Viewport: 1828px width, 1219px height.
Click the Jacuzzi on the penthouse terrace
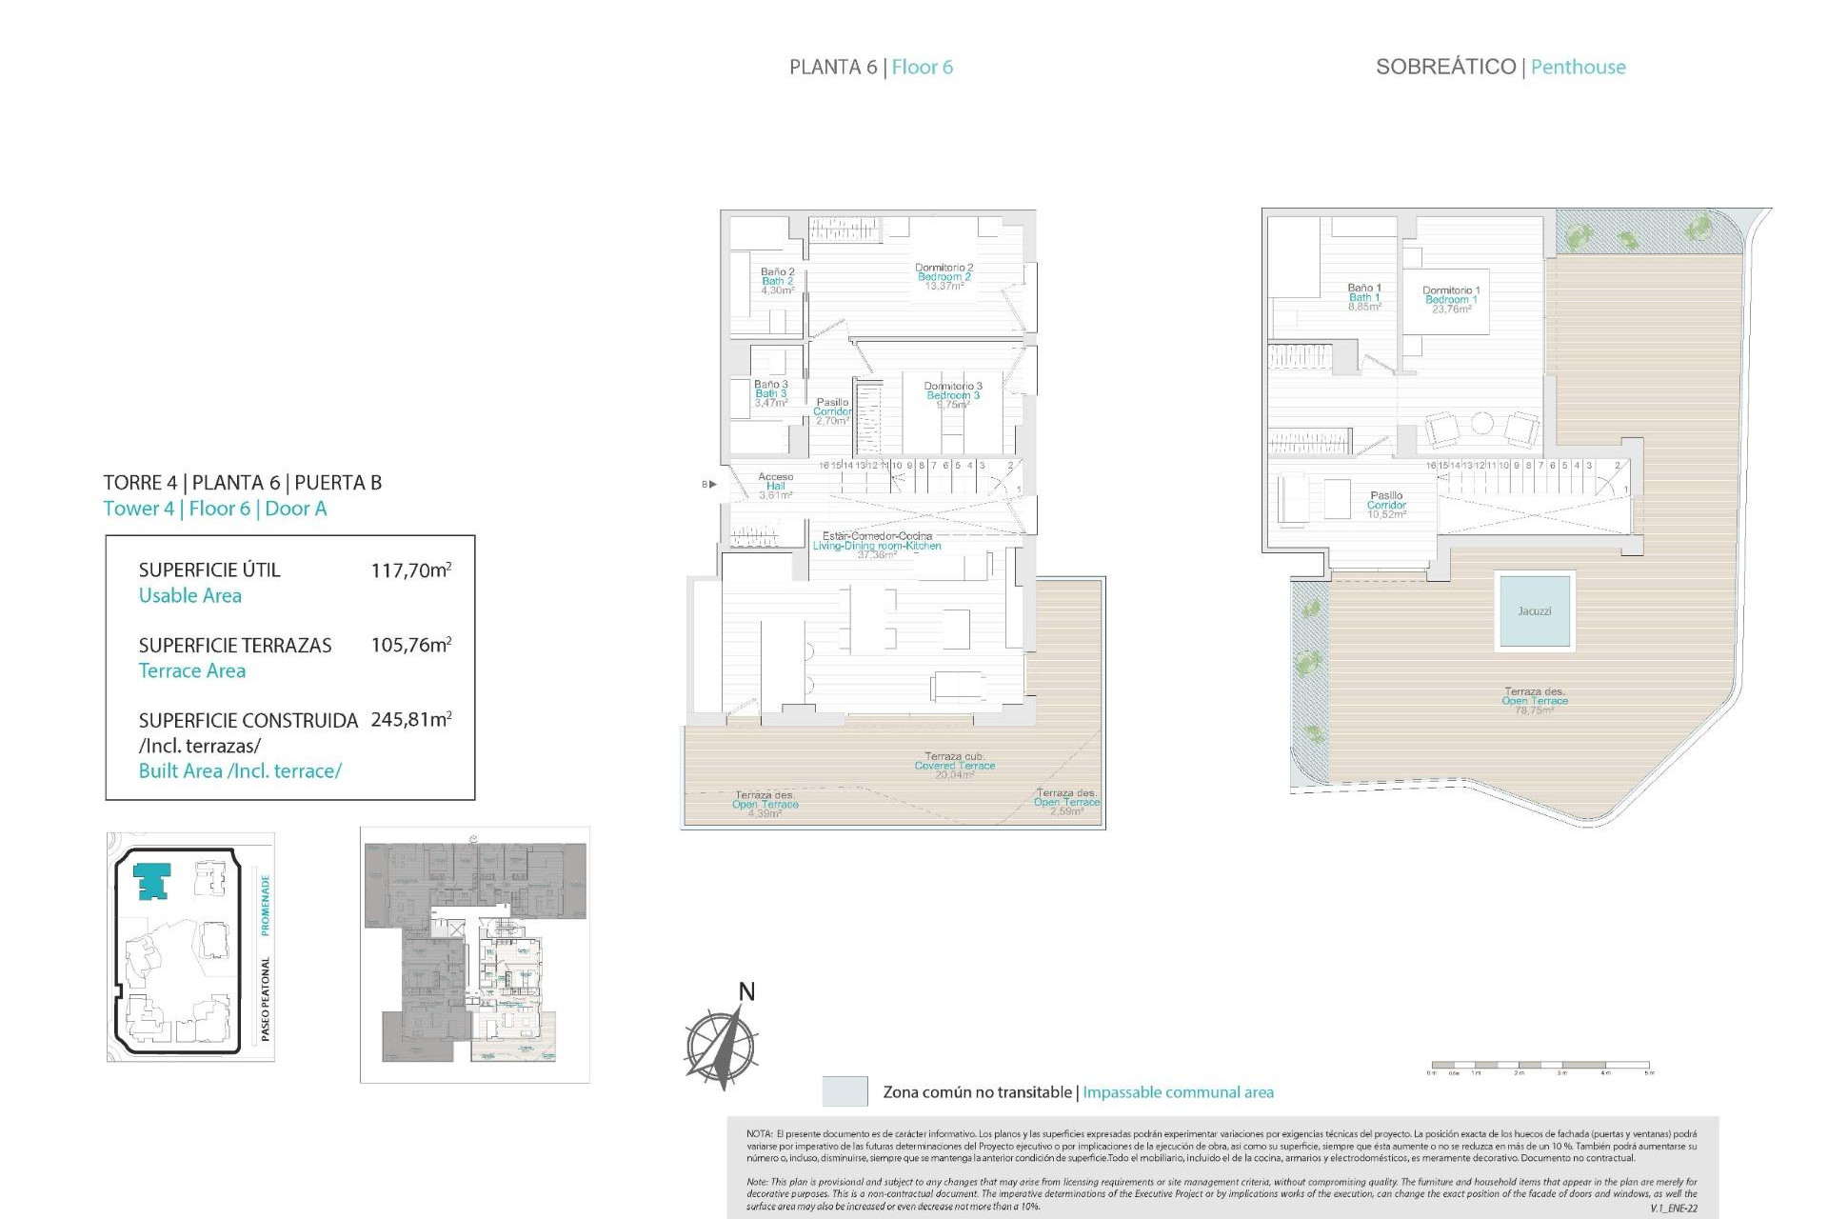click(1534, 610)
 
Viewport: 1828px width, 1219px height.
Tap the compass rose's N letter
click(746, 992)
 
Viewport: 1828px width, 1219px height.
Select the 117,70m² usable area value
click(410, 570)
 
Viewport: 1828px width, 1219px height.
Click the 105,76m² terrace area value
click(410, 645)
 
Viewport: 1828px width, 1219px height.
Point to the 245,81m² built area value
click(410, 720)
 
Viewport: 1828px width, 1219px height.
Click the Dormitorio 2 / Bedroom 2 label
click(944, 277)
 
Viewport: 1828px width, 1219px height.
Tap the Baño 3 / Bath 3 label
click(770, 393)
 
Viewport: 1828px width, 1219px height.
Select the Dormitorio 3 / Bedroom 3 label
click(952, 395)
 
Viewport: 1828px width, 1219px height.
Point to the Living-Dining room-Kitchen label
click(876, 545)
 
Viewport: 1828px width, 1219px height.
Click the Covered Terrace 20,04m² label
click(954, 766)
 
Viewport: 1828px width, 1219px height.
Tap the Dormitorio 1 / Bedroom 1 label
click(1450, 299)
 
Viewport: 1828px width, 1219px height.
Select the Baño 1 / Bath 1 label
click(1363, 297)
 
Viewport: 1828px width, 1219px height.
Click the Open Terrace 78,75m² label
click(1534, 701)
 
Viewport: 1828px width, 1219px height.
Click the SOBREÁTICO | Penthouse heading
click(1500, 67)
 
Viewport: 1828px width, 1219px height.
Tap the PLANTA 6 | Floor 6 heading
click(870, 67)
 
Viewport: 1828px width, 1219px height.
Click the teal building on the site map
click(152, 880)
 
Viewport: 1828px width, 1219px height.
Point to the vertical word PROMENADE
click(266, 905)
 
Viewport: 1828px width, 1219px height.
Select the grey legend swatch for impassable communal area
click(844, 1091)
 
